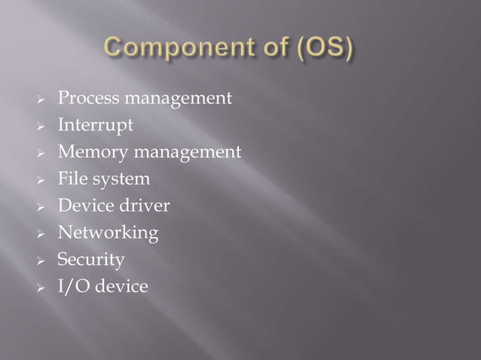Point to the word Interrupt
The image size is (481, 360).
[95, 125]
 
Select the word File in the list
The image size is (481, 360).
[71, 179]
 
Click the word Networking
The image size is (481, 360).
[108, 233]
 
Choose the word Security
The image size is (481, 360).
[90, 261]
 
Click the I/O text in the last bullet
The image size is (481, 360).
[72, 287]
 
